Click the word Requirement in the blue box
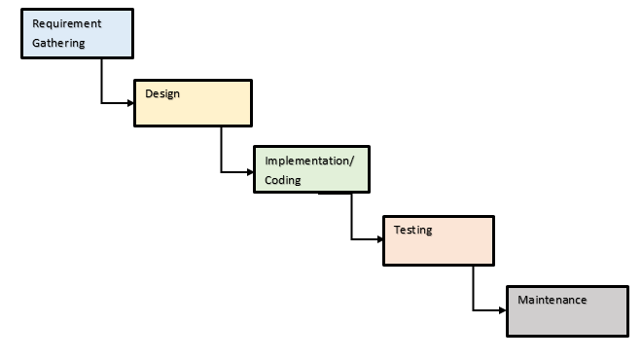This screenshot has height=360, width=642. [x=67, y=23]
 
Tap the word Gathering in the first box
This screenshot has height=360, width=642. [x=59, y=43]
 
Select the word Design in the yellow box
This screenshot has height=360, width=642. [x=162, y=93]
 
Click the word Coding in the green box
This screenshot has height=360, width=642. [x=283, y=180]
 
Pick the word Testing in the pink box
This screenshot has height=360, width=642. [x=413, y=231]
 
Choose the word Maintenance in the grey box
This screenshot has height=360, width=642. [x=553, y=300]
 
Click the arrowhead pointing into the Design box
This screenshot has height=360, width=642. [x=129, y=102]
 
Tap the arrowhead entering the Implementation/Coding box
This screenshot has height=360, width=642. [x=249, y=171]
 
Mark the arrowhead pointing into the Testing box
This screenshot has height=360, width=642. [x=379, y=239]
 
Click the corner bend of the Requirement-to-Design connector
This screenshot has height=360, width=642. [x=101, y=102]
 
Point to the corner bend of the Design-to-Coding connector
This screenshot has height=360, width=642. [x=222, y=171]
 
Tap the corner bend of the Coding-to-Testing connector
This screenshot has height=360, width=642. [x=351, y=239]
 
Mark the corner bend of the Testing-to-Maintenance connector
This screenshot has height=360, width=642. [x=474, y=310]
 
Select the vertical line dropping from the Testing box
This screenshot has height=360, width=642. [x=474, y=288]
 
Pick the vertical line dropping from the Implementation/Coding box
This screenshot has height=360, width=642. [x=351, y=216]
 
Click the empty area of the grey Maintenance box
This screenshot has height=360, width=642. [x=569, y=321]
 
